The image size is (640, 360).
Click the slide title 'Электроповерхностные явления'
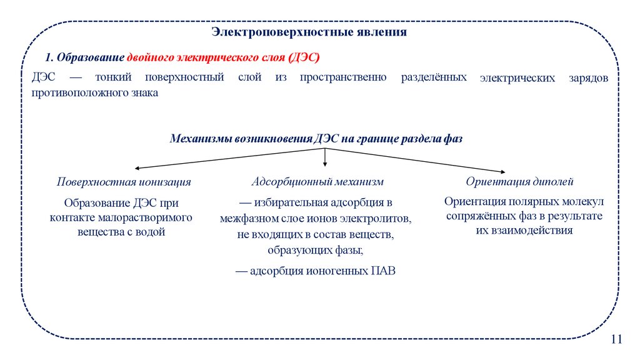(x=309, y=31)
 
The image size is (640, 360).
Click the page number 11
(x=617, y=339)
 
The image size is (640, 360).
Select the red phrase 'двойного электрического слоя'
(x=207, y=57)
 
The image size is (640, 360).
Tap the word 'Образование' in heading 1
(x=91, y=57)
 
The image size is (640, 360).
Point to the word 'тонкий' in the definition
(x=114, y=77)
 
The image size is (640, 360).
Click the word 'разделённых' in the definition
(x=434, y=77)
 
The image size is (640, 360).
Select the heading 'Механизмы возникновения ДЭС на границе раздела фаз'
(x=316, y=139)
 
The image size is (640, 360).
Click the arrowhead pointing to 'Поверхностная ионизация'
(x=137, y=168)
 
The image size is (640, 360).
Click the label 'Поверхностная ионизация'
(x=124, y=182)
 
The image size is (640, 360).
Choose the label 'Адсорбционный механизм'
(x=317, y=182)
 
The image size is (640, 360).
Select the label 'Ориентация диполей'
(x=519, y=182)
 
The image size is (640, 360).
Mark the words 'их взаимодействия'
(x=524, y=230)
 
